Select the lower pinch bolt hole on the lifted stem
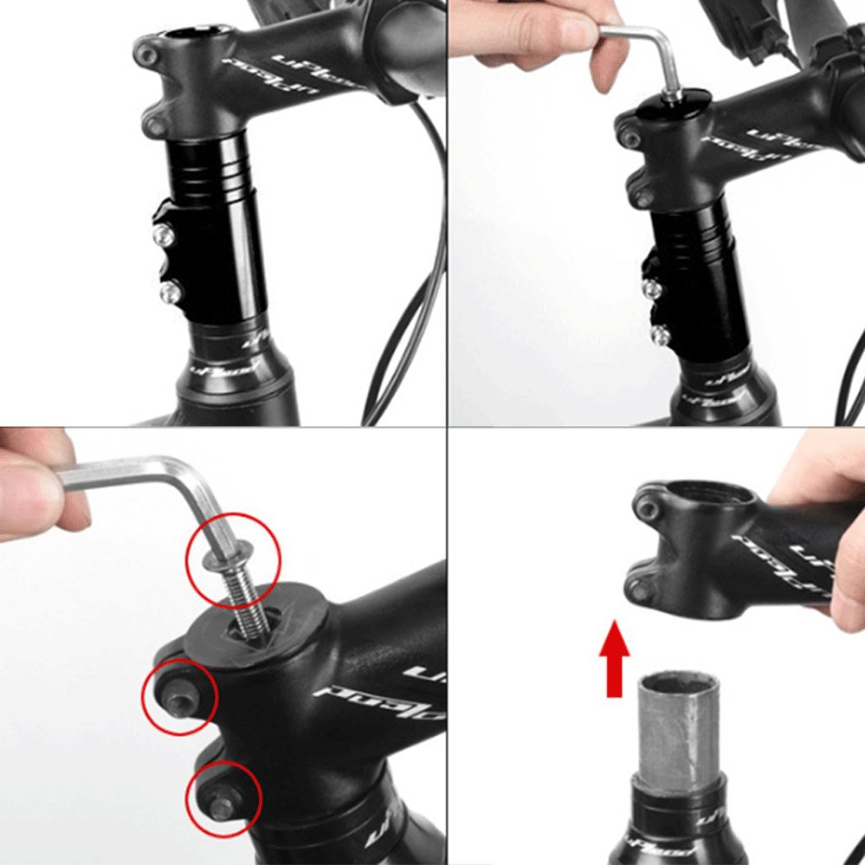point(638,589)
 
